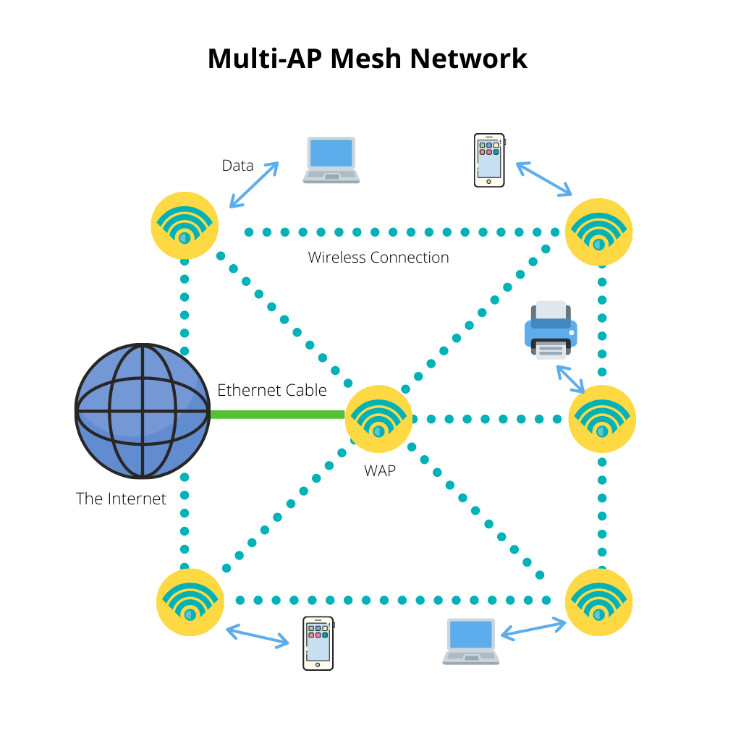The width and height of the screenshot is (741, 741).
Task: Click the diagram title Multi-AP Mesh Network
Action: pos(368,59)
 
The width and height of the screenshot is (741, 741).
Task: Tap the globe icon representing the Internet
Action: pos(142,411)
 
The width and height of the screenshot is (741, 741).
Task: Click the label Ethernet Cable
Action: pos(272,391)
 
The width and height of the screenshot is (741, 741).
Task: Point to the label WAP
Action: pos(380,470)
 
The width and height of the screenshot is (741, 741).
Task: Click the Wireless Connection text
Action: pos(378,258)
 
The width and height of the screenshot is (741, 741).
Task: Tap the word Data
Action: pos(237,166)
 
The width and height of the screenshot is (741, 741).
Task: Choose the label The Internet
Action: pos(121,499)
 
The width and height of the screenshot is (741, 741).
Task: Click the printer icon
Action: pos(551,330)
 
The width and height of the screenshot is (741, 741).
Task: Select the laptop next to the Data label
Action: pos(331,160)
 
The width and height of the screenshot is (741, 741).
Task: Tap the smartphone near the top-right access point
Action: pos(489,160)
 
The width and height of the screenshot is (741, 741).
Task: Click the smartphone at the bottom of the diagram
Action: pos(318,643)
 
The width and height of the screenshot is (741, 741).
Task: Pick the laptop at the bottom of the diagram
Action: pos(471,641)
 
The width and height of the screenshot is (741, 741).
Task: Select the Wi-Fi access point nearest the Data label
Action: pos(185,225)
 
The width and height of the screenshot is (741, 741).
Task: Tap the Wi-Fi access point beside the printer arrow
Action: pos(602,419)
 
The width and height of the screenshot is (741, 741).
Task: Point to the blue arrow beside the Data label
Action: pos(254,185)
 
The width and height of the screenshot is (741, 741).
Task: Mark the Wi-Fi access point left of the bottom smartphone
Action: pos(190,602)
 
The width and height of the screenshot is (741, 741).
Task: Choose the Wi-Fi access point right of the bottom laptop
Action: pos(598,602)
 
